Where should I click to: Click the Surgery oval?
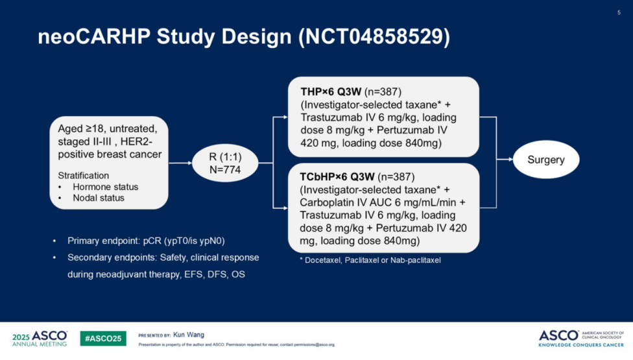point(546,160)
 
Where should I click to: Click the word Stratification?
point(84,176)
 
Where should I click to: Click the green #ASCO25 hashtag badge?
point(102,338)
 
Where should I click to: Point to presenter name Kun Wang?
point(189,335)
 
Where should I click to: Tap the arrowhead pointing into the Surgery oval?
point(509,159)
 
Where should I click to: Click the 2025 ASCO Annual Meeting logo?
point(40,338)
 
